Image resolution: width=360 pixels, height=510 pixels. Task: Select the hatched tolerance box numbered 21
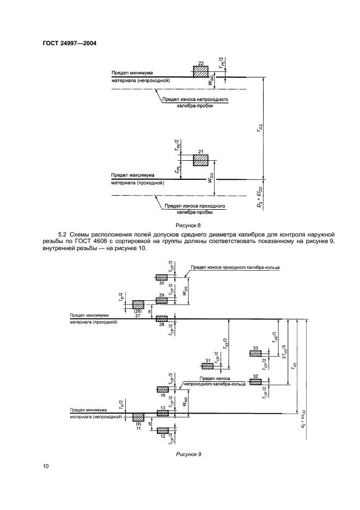click(x=201, y=160)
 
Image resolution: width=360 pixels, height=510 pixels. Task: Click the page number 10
click(x=46, y=465)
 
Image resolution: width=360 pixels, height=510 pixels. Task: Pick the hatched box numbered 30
click(x=162, y=277)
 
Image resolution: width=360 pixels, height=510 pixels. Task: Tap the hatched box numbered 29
click(x=162, y=300)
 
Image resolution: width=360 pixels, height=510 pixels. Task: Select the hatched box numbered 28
click(x=162, y=319)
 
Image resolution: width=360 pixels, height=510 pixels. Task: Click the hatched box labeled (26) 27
click(x=138, y=305)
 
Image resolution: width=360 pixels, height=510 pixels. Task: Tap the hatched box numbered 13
click(x=163, y=413)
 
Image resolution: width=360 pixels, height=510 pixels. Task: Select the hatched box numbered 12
click(x=163, y=430)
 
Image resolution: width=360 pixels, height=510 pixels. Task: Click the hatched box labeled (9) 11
click(x=138, y=417)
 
